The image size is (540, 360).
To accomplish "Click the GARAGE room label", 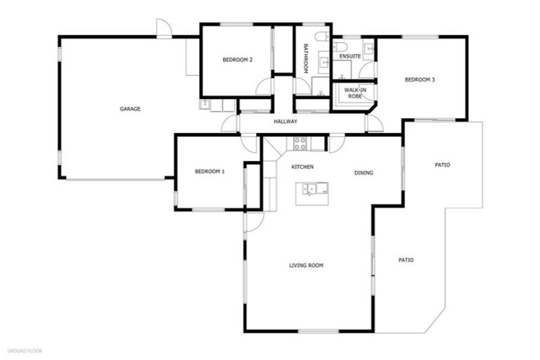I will [x=130, y=109].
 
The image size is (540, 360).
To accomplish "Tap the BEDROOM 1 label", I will [x=210, y=172].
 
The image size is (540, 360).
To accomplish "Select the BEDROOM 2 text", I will [x=237, y=60].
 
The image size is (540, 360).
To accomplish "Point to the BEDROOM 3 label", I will [x=420, y=79].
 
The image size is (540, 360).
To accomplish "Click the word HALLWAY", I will [x=285, y=122].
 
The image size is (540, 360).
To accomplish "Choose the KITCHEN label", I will [x=302, y=167].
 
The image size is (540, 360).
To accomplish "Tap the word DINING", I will [x=364, y=173].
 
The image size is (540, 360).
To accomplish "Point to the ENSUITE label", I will [x=349, y=56].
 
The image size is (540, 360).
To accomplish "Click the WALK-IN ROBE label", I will [x=354, y=93].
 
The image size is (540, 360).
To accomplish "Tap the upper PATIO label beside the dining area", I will [x=442, y=165].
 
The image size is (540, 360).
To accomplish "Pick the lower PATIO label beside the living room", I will [x=406, y=259].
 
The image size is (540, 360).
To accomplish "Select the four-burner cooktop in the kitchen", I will [x=300, y=144].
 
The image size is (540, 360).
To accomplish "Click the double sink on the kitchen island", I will [x=314, y=188].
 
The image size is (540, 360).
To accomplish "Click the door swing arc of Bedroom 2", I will [x=264, y=87].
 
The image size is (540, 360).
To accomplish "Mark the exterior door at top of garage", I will [x=163, y=28].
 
